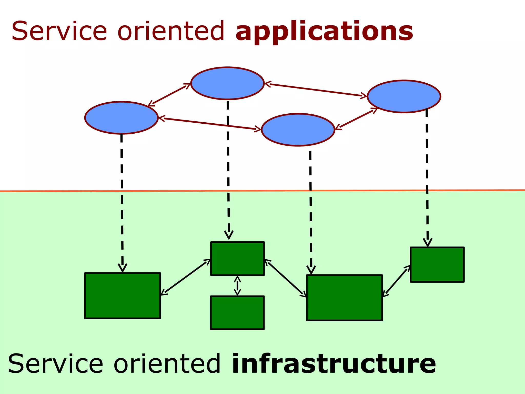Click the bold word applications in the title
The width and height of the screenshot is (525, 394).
coord(324,31)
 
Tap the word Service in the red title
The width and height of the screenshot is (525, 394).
coord(59,31)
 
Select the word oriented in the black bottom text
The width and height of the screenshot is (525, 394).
coord(167,364)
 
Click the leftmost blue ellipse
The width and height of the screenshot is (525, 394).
coord(121,118)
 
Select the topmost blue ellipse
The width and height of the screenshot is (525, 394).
coord(227,83)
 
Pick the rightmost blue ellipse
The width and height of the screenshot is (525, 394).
coord(404,96)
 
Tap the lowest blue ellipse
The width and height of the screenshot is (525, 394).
coord(298,130)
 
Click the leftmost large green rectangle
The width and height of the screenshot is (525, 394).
coord(123,296)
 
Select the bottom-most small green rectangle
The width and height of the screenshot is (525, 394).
coord(237,313)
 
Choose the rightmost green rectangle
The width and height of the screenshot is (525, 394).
coord(437,265)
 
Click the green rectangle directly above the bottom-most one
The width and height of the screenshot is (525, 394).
coord(237,259)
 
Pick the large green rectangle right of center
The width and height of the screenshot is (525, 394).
coord(344,298)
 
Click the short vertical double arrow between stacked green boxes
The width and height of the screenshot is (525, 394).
coord(237,286)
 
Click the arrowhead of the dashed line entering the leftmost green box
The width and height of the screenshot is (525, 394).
coord(123,268)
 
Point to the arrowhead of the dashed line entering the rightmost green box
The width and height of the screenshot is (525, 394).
coord(428,242)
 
